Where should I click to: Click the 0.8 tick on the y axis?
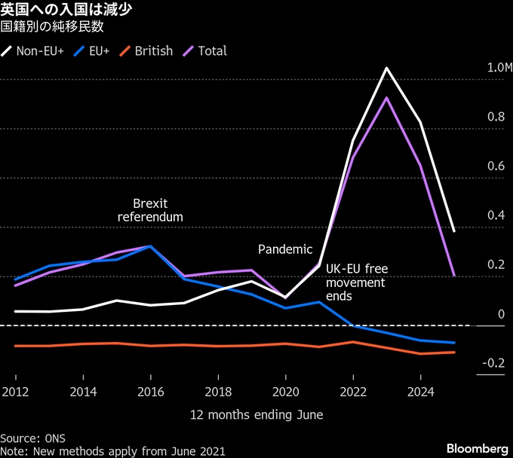(495, 117)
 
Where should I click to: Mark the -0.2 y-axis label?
(493, 363)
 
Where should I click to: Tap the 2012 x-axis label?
(15, 392)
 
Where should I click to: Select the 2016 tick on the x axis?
(150, 392)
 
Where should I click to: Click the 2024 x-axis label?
(420, 392)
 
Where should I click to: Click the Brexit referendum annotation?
(150, 210)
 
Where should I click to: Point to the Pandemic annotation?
(285, 249)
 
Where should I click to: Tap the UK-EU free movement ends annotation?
(356, 282)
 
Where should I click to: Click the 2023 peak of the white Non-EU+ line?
(386, 69)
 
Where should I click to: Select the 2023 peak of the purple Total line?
(386, 98)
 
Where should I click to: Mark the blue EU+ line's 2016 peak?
(150, 246)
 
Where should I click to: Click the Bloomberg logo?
(477, 448)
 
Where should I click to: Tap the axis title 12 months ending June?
(256, 415)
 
